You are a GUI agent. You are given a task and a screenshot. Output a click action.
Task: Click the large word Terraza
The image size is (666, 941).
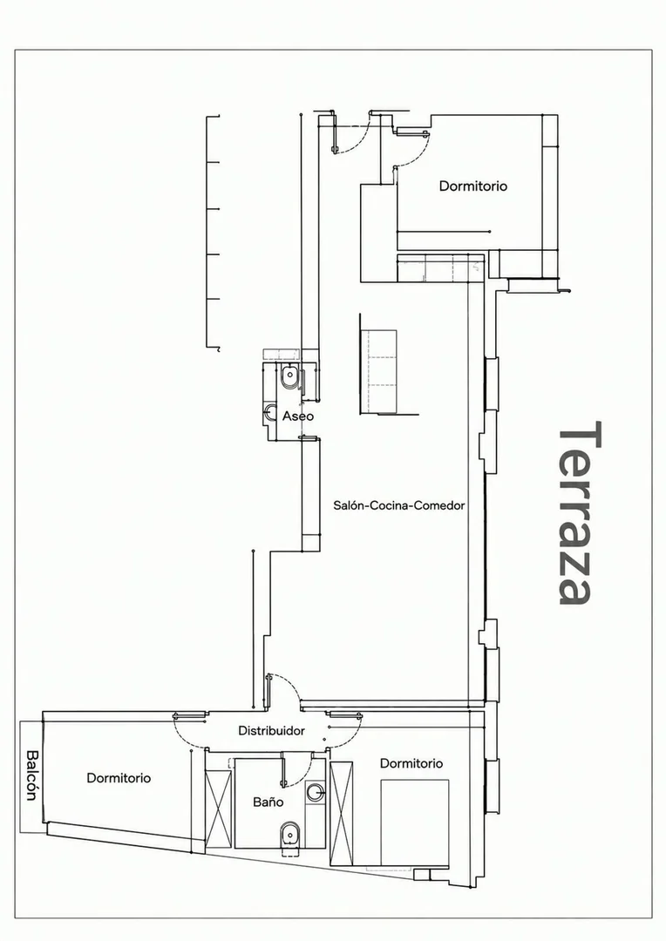click(580, 512)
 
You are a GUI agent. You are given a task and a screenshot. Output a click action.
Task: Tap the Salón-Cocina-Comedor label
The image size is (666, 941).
click(398, 505)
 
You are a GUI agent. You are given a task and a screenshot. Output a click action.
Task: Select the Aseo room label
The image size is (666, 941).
click(298, 416)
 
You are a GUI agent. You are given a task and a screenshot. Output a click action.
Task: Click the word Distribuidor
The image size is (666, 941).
click(271, 730)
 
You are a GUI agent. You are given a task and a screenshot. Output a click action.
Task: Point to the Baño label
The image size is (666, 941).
click(268, 802)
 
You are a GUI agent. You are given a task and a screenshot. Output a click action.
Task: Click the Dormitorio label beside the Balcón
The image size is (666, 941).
click(119, 778)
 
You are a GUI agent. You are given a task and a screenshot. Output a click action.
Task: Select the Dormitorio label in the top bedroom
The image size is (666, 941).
click(472, 186)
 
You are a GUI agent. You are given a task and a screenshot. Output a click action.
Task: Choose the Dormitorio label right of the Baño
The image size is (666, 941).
click(411, 763)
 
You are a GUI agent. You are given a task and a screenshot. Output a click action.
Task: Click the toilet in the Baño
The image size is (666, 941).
click(291, 835)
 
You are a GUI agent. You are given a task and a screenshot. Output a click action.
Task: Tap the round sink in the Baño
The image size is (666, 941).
click(315, 792)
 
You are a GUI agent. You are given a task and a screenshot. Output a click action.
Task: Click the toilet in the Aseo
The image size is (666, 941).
click(289, 377)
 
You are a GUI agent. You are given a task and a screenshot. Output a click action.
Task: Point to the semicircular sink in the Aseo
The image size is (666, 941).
click(268, 411)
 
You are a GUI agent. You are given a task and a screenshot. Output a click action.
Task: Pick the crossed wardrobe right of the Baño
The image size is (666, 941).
click(342, 813)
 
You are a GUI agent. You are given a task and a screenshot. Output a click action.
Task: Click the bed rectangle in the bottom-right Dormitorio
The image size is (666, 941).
click(415, 823)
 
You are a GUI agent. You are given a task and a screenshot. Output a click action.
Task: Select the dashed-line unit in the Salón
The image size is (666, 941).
click(378, 371)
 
